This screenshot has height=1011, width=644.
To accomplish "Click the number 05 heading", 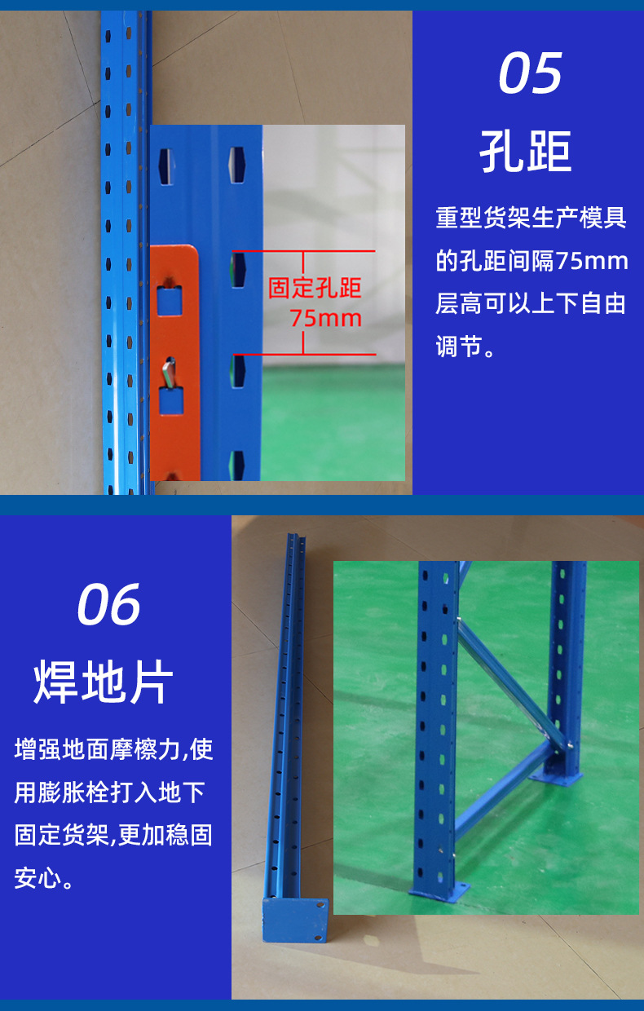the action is pos(530,73).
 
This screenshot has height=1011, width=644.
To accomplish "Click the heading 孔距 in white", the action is pos(525,151).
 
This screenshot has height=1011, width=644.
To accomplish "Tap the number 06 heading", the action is pos(108,604).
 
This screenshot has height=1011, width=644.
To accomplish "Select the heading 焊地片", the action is pos(104,682).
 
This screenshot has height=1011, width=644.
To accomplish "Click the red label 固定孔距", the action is pos(315,288).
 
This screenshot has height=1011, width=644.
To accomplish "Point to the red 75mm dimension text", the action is pos(325,318).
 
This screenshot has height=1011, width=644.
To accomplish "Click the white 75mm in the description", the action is pos(591,261).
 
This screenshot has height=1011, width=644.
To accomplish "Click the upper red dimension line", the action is pos(304,251).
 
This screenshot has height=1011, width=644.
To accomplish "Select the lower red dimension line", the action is pos(304,355).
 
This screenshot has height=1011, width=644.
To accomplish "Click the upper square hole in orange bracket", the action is pos(170,301).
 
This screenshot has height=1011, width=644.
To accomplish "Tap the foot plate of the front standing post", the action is pos(439,891).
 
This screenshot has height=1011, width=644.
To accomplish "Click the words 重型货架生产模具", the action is pos(532,218).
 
